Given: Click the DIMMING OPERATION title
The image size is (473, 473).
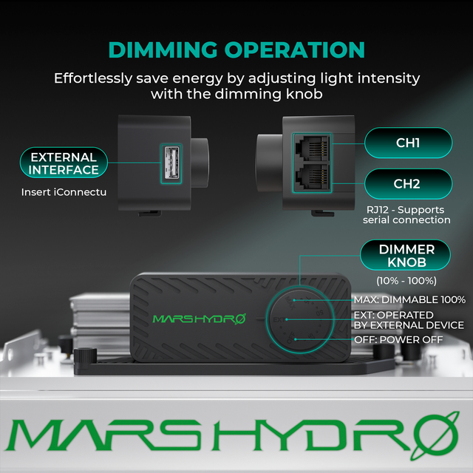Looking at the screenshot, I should (x=236, y=50).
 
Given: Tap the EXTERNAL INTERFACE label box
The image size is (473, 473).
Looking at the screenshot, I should (x=64, y=163).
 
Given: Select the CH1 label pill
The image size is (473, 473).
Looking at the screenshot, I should (x=407, y=143).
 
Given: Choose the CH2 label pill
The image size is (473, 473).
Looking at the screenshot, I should (x=407, y=184).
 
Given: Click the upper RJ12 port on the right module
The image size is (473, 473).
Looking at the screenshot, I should (x=313, y=146).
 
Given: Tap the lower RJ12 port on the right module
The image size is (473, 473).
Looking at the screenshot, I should (x=313, y=179).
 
